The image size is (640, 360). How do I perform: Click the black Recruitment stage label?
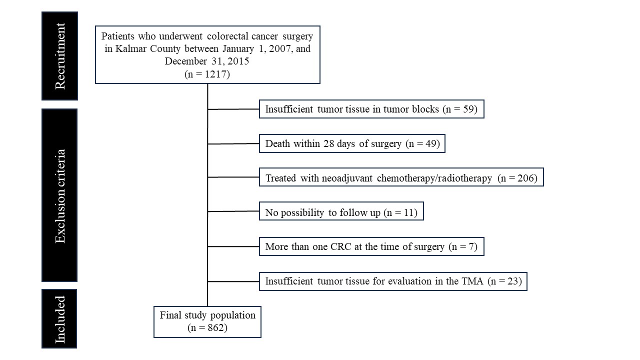coord(59,56)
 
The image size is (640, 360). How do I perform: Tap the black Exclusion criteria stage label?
coord(59,195)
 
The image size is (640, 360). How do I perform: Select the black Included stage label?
coord(59,318)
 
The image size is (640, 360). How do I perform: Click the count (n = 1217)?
coord(207,74)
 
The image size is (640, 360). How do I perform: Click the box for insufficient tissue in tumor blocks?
coord(371,109)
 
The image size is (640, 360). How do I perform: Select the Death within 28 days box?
coord(352,143)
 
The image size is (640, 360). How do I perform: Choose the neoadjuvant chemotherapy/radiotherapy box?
coord(401,177)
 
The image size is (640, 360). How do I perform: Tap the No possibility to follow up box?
coord(341,211)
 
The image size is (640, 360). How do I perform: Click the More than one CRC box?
coord(371,246)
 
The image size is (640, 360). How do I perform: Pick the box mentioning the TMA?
coord(393,281)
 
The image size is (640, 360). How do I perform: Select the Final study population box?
coord(207,322)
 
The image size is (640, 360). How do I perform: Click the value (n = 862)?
coord(207,327)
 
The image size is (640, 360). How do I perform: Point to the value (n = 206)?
coord(517,178)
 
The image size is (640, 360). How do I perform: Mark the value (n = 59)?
coord(460,109)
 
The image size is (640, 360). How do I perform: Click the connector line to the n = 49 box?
coord(233,143)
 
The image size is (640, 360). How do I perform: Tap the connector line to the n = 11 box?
coord(233,211)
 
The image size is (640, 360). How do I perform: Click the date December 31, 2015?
coord(207,61)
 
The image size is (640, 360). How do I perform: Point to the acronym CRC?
coord(340,246)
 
